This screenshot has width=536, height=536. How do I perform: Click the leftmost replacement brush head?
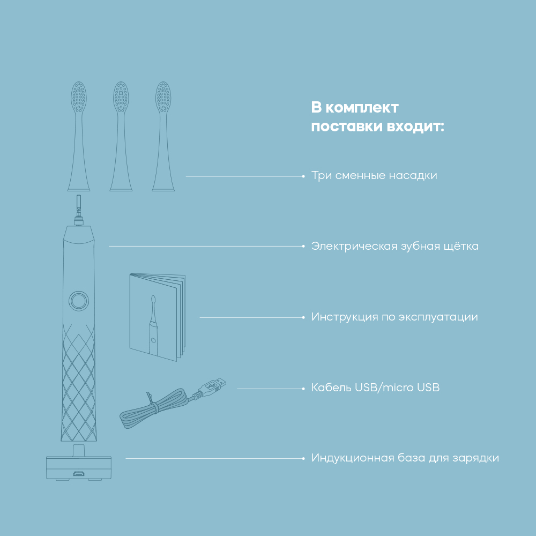(x=79, y=137)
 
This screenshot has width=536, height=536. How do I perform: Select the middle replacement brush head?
(x=121, y=137)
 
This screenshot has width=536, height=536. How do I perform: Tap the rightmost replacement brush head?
(x=163, y=137)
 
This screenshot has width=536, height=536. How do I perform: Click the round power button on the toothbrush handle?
(x=79, y=301)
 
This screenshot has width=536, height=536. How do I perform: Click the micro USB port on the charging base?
(x=79, y=474)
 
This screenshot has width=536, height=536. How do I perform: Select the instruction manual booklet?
(x=158, y=317)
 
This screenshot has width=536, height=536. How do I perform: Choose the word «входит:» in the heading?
(x=415, y=126)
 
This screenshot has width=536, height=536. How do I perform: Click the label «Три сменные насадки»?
(x=374, y=175)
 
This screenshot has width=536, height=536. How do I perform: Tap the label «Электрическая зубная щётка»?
(x=395, y=246)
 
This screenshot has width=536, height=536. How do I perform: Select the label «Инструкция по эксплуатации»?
(x=394, y=317)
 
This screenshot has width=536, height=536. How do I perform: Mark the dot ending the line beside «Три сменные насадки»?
(x=303, y=176)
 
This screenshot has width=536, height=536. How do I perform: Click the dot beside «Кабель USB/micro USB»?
(x=303, y=389)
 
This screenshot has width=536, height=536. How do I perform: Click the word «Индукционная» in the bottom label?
(x=353, y=458)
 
